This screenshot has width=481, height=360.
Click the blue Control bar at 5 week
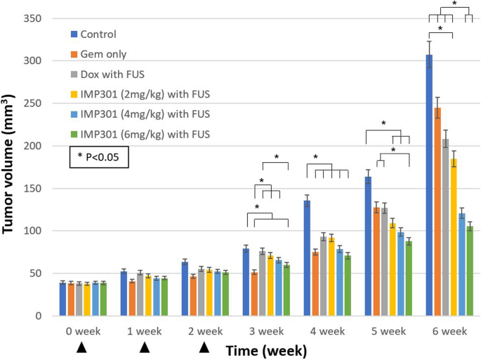tap(368, 246)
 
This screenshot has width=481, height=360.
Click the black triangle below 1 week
tap(143, 347)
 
